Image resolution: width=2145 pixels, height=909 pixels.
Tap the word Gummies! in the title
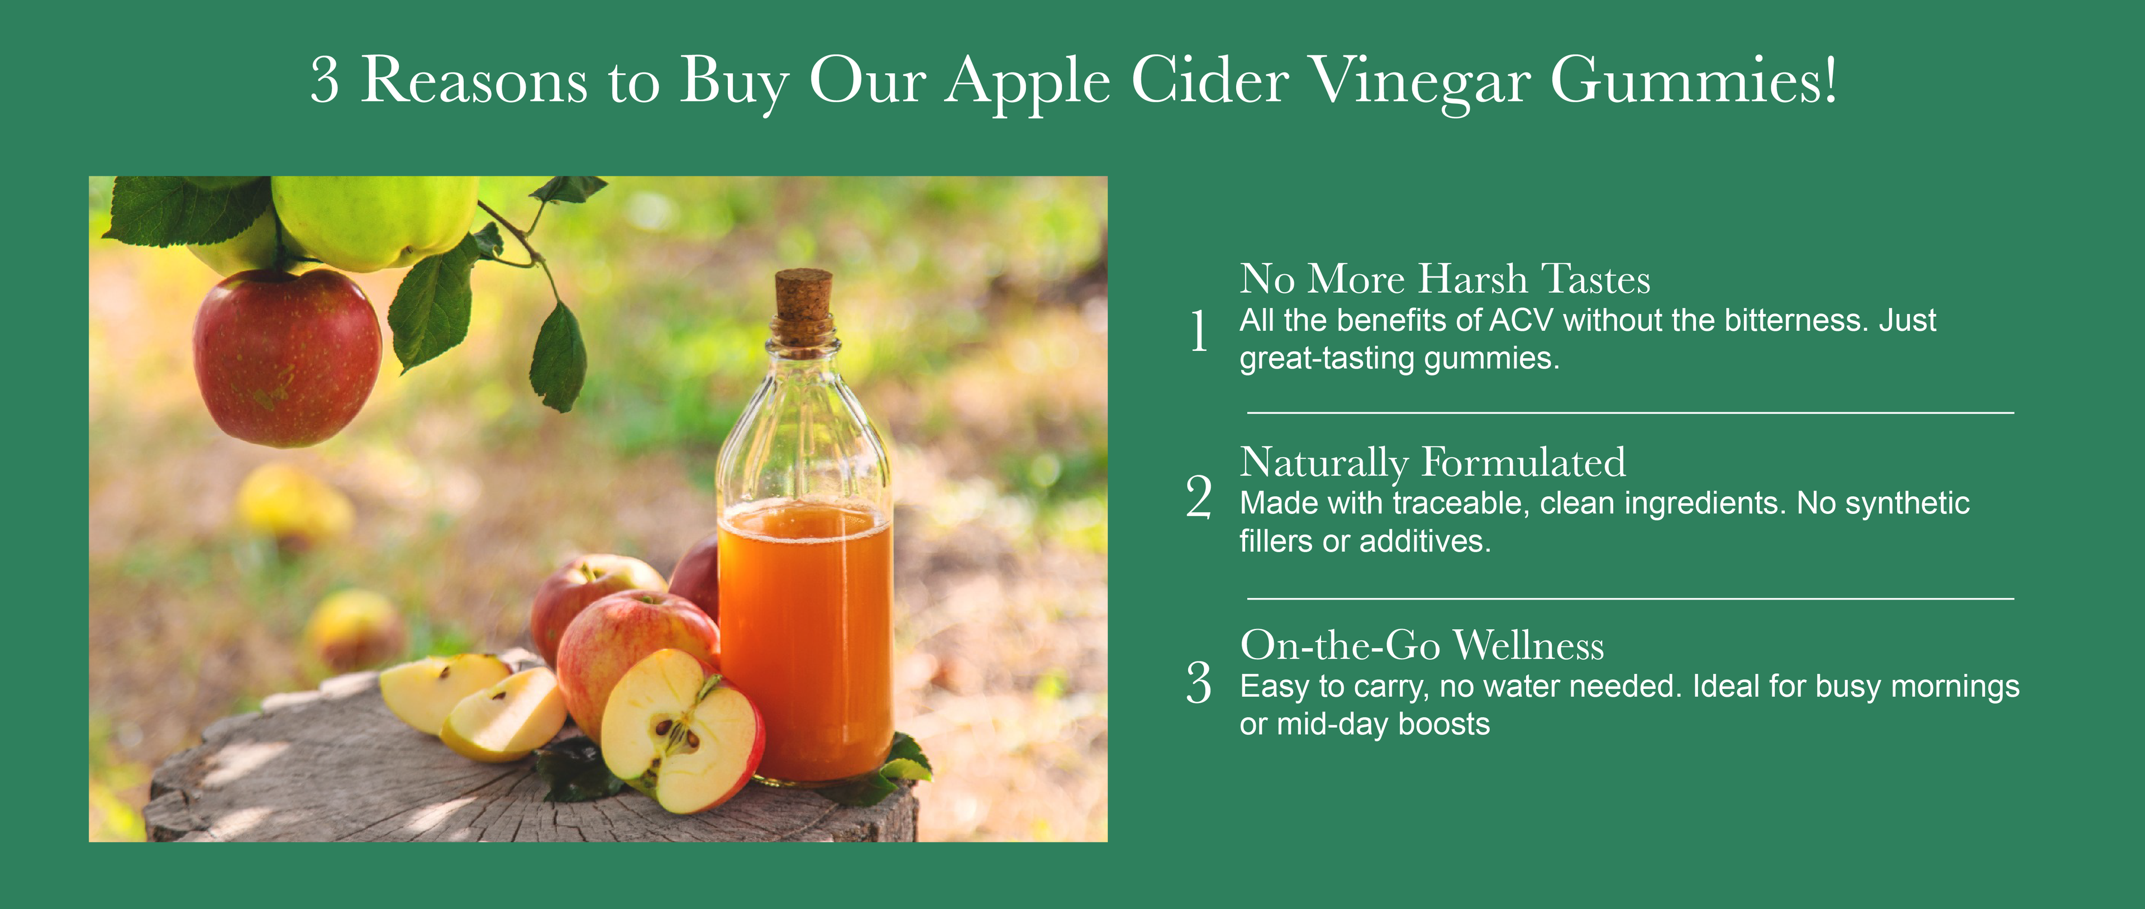pos(1694,82)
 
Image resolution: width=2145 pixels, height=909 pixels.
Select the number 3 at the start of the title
pos(325,81)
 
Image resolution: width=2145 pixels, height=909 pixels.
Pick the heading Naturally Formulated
pos(1432,463)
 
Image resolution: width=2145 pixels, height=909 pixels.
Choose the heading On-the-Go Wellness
pos(1422,646)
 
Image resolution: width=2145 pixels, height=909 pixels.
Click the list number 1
pos(1199,330)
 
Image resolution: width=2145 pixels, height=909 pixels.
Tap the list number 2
pos(1199,497)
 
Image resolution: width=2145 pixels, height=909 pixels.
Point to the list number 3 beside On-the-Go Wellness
pos(1199,683)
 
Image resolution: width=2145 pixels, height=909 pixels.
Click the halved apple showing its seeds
pos(681,731)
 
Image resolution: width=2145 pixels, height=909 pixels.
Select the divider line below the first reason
pos(1629,412)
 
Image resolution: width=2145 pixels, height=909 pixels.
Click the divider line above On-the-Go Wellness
pos(1629,598)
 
